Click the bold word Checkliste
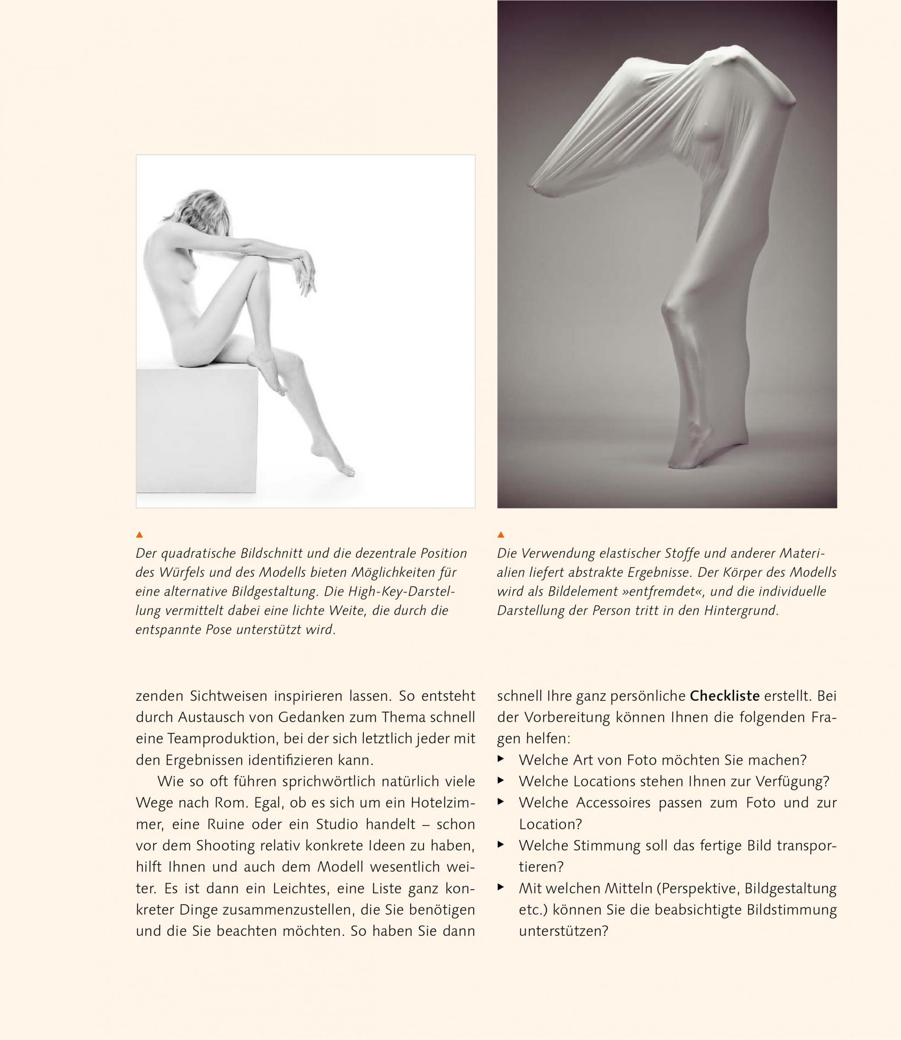point(725,697)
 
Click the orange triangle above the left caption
point(140,534)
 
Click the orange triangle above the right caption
point(501,534)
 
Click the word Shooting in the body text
point(225,846)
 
